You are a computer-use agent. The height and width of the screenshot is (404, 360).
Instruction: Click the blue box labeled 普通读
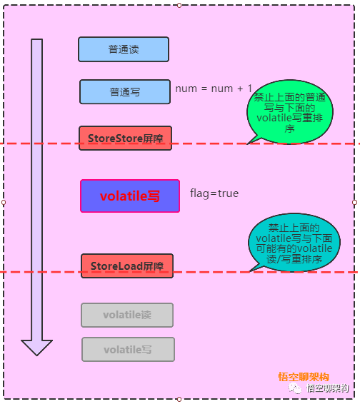pos(124,49)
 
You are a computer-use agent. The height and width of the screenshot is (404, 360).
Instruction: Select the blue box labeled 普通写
pos(125,92)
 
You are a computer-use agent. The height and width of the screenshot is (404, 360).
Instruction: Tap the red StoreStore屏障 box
pos(125,138)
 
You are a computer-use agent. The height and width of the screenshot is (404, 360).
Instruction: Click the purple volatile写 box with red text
pos(130,196)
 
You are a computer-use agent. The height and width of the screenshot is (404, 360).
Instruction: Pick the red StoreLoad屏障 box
pos(127,266)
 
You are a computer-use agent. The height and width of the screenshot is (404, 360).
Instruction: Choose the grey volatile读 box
pos(127,315)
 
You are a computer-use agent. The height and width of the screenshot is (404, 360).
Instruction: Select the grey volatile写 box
pos(128,349)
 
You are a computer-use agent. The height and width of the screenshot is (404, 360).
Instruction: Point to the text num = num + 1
pos(214,89)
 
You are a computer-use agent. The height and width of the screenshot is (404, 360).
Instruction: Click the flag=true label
pos(214,193)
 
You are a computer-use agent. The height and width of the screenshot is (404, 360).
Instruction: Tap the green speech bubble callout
pos(290,112)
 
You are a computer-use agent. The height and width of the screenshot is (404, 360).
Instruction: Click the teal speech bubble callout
pos(294,243)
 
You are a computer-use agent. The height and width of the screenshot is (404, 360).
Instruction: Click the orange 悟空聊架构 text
pos(304,377)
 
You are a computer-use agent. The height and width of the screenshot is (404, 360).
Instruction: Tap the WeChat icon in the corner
pos(294,388)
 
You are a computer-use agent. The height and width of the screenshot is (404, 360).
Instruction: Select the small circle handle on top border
pos(179,5)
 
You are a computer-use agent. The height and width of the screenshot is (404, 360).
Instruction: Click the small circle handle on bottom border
pos(179,400)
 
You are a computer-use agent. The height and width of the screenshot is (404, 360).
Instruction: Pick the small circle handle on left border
pos(4,203)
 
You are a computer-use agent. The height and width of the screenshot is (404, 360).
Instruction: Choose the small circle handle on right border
pos(354,203)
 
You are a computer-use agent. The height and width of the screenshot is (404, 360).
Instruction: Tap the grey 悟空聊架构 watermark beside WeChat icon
pos(328,388)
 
